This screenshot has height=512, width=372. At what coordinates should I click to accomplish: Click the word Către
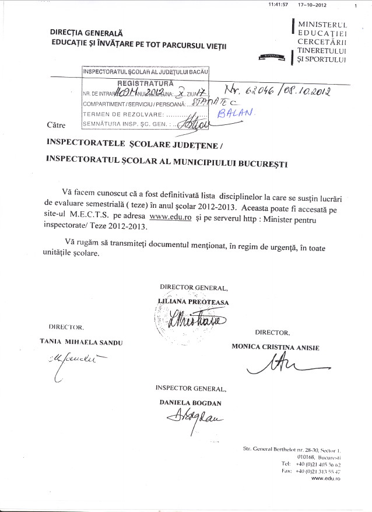coord(55,125)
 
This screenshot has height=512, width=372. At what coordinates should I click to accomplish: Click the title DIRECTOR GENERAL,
coord(194,288)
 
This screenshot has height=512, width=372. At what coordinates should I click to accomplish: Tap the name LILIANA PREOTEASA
coord(194,302)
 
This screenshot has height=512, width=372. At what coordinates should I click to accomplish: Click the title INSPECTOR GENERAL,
coord(191,388)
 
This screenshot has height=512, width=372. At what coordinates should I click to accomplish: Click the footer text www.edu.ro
coord(326,478)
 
